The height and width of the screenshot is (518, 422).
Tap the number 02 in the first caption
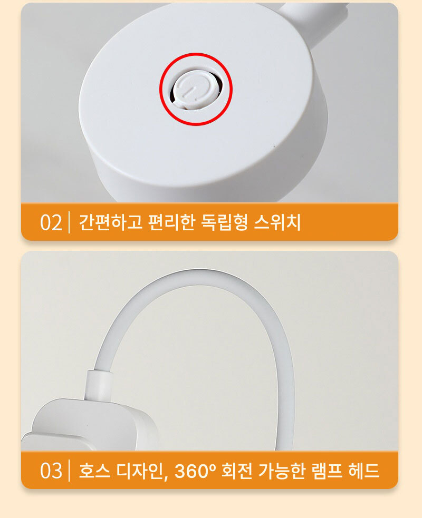coord(51,223)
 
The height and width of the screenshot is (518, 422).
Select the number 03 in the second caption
coord(51,471)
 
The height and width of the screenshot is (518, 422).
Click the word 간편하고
coord(110,222)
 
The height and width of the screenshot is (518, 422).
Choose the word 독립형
coord(224,222)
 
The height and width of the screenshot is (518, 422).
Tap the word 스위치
coord(277,222)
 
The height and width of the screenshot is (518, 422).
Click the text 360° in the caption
coord(196,471)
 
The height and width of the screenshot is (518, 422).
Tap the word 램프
coord(327,471)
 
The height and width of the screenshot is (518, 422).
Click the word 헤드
coord(363,471)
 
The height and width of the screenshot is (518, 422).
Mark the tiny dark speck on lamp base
coord(274,145)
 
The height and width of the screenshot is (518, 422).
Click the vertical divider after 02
coord(69,223)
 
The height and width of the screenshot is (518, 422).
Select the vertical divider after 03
coord(69,471)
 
